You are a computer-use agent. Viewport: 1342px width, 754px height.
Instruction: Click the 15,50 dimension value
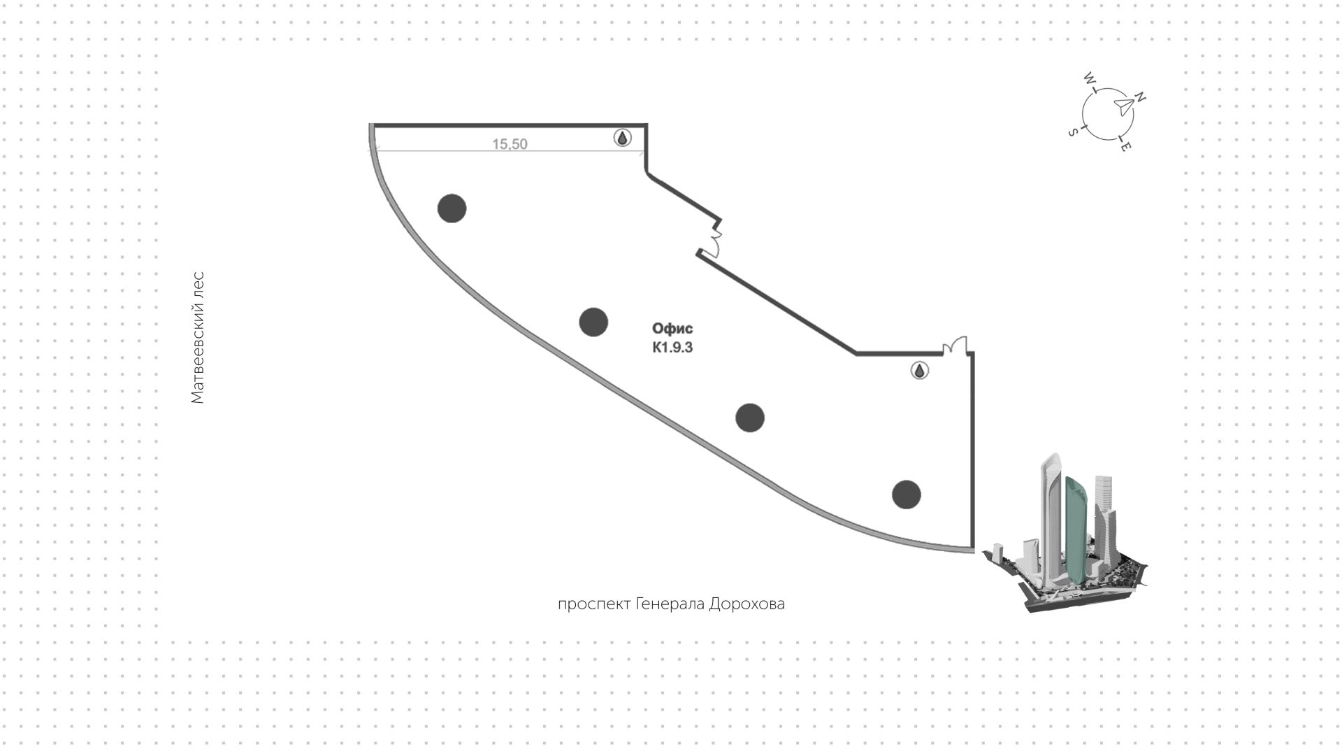click(x=510, y=144)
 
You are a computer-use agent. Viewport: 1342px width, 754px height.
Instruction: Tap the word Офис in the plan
click(x=672, y=329)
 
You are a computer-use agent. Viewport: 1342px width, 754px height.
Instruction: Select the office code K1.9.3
click(x=672, y=347)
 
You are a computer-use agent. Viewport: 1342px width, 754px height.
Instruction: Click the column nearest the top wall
click(x=452, y=208)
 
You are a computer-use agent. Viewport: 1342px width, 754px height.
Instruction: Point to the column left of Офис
click(x=593, y=322)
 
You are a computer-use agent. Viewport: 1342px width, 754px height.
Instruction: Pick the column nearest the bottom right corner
click(x=907, y=495)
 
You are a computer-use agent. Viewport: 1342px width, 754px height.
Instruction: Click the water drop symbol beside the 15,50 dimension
click(x=622, y=138)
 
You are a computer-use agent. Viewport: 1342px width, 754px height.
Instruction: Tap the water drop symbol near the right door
click(x=920, y=371)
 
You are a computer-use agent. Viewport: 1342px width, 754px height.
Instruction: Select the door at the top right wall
click(x=955, y=346)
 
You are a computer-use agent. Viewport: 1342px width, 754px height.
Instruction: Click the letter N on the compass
click(x=1139, y=98)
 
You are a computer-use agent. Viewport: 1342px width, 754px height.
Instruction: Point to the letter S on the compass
click(x=1072, y=132)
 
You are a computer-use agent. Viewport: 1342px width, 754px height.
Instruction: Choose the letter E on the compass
click(x=1125, y=147)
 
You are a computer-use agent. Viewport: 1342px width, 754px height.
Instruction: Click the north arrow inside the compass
click(x=1123, y=106)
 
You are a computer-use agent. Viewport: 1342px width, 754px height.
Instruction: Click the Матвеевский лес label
click(x=198, y=338)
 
